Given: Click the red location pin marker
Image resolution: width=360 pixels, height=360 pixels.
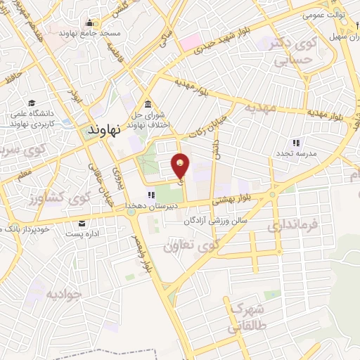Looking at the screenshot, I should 181,166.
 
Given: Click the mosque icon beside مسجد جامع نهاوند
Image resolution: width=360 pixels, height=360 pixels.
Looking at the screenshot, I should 89,22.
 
